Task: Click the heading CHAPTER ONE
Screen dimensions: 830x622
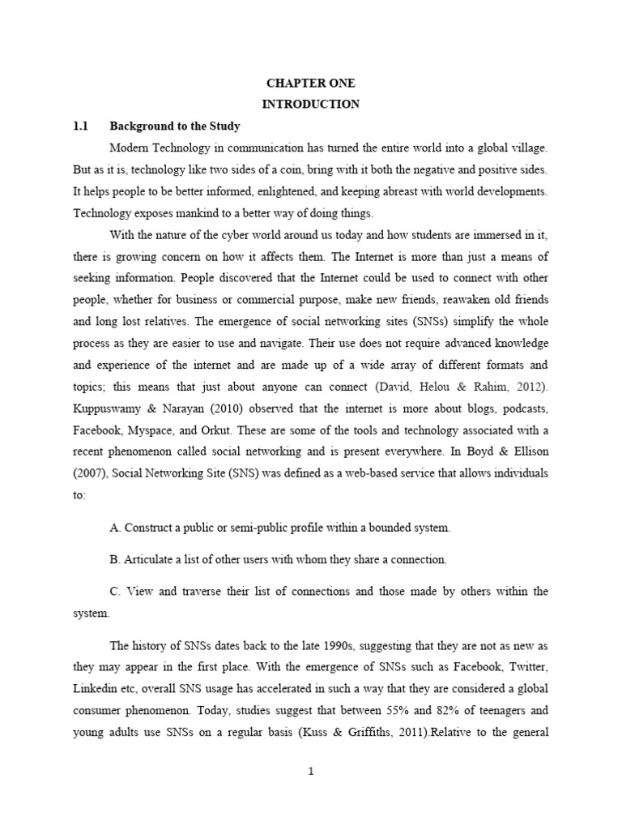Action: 311,83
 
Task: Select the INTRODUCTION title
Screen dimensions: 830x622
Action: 311,105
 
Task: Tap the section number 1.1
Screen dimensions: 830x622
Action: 80,126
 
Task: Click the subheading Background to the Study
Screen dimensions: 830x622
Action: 175,126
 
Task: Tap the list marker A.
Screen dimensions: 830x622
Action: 113,528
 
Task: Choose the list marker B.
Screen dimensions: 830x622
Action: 113,560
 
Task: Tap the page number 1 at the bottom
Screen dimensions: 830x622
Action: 311,772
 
